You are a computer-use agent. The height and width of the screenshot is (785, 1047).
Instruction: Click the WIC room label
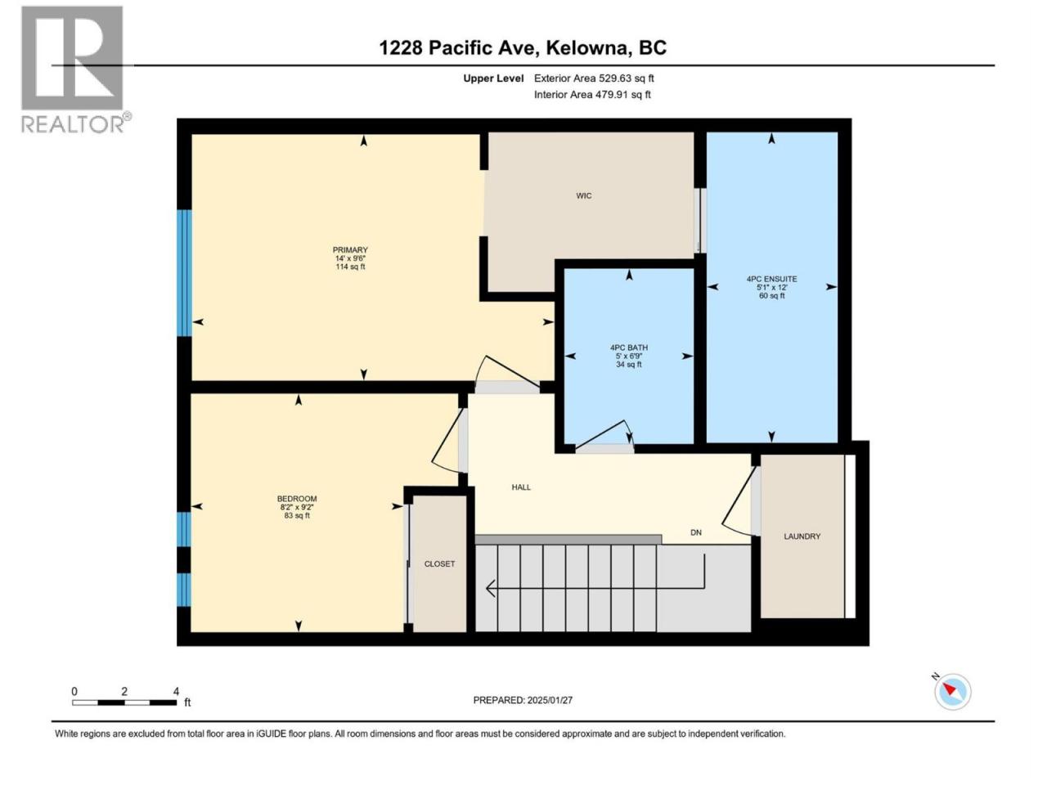583,196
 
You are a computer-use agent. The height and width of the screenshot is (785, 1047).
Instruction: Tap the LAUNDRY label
802,536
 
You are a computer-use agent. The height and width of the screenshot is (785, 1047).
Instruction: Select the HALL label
521,487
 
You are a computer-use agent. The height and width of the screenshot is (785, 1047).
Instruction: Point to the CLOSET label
439,564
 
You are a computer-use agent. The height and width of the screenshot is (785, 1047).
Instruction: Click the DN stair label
696,532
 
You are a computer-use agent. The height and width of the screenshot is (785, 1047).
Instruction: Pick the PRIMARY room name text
350,249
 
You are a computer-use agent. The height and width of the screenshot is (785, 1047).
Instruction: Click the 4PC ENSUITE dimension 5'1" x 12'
771,287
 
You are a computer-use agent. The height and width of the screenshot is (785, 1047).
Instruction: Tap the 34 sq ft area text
629,365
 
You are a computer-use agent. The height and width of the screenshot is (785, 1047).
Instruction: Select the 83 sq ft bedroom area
297,516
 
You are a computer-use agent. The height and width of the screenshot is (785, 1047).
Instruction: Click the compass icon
952,692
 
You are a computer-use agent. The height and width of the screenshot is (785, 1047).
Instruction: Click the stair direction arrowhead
491,588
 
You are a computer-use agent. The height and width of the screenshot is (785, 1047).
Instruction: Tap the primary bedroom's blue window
184,273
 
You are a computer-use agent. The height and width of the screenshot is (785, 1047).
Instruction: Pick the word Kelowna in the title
586,48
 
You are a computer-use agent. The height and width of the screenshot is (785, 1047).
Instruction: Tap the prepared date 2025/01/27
550,700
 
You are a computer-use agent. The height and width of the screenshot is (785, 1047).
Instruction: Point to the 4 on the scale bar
176,691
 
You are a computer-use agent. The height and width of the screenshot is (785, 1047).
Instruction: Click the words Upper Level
493,78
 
